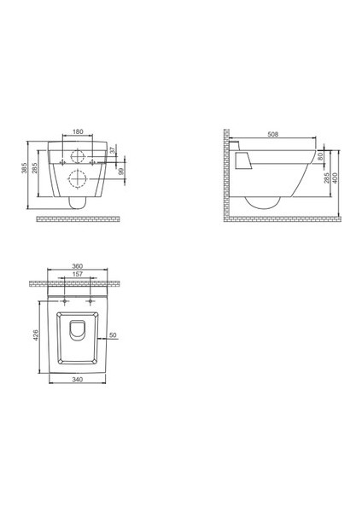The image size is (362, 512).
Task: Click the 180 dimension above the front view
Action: point(78,131)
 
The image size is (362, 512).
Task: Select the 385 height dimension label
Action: point(24,168)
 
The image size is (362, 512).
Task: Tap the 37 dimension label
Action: point(112,150)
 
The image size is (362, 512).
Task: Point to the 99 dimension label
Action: point(122,172)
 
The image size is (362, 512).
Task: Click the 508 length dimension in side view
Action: point(273,134)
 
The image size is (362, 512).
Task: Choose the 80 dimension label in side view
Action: point(320,156)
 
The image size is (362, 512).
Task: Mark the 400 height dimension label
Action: point(335,178)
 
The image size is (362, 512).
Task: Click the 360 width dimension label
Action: point(78,266)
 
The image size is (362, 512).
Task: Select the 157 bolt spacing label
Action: point(78,274)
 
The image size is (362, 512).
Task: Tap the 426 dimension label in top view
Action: point(36,335)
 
